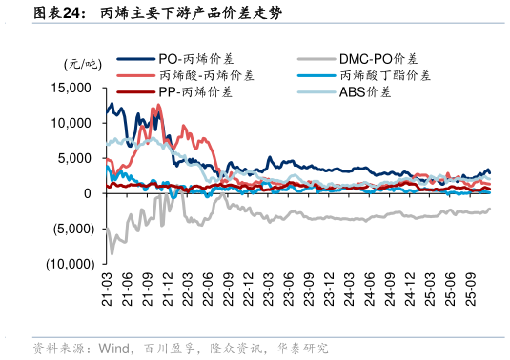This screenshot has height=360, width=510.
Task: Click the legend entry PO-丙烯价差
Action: pyautogui.click(x=194, y=58)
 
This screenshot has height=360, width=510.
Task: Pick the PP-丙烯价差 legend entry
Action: pyautogui.click(x=194, y=92)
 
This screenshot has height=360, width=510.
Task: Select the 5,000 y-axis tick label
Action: pyautogui.click(x=74, y=158)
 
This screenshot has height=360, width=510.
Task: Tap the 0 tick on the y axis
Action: pyautogui.click(x=87, y=193)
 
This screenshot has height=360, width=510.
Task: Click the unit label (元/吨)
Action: pyautogui.click(x=81, y=64)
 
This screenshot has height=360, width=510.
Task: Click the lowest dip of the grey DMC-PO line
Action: pyautogui.click(x=112, y=253)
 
